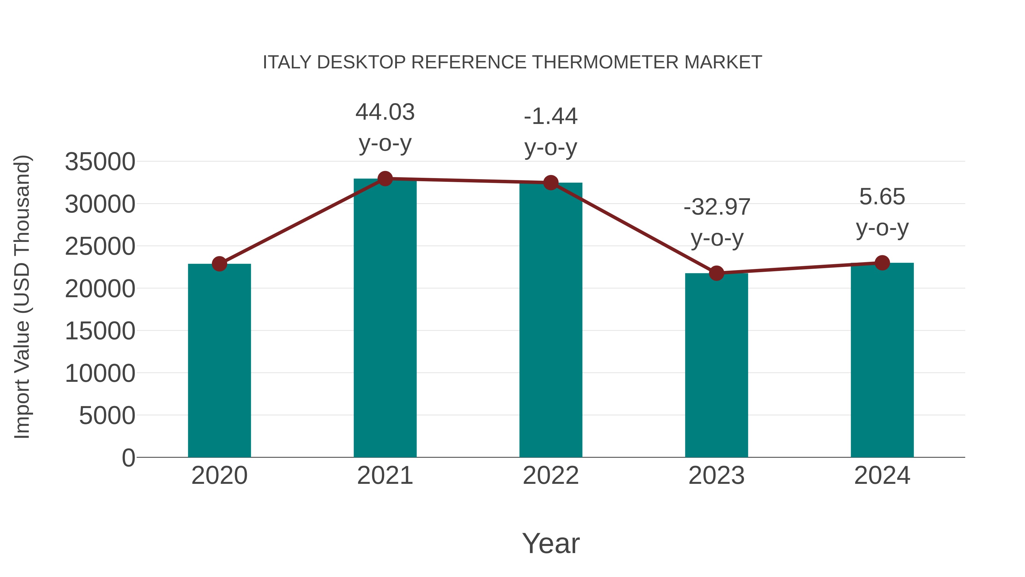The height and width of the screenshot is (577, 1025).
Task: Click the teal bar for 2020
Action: [x=219, y=360]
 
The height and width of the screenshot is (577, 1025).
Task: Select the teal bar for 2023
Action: [x=716, y=365]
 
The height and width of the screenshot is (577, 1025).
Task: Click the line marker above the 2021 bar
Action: [x=385, y=179]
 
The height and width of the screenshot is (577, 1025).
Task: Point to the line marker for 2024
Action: [x=882, y=263]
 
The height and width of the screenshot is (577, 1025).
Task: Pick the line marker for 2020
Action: [x=219, y=264]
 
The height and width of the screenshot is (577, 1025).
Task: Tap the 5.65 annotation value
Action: [x=882, y=197]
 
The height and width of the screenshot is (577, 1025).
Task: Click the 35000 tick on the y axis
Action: [x=100, y=162]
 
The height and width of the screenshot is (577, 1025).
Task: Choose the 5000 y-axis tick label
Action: [x=107, y=416]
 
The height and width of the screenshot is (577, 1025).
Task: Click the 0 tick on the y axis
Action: [x=128, y=458]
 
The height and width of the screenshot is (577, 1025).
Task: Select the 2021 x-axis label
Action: [x=385, y=476]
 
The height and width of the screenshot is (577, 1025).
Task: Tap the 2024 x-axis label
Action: [x=882, y=476]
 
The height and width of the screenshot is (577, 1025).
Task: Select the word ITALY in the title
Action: [x=287, y=62]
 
